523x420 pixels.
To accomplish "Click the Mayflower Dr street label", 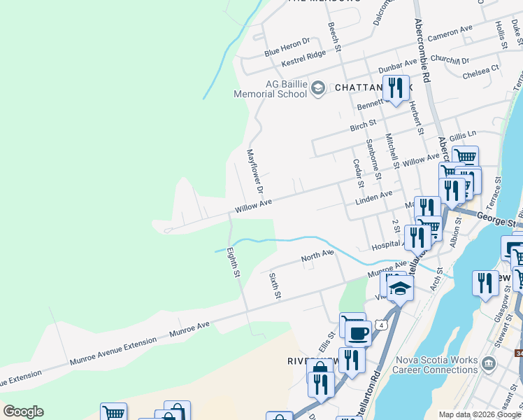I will pos(255,171).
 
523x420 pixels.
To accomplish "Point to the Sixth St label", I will pos(275,286).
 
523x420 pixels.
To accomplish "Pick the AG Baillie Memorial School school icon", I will pos(318,87).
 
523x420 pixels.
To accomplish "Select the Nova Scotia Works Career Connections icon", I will pos(488,363).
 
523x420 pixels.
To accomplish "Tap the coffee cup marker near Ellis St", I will pos(359,333).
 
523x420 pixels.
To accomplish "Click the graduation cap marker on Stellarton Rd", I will pos(400,288).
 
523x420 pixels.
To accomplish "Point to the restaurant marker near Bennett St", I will pos(396,87).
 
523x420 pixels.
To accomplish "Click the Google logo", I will pos(23,412).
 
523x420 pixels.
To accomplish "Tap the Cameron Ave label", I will pos(450,33).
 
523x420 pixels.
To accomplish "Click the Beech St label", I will pos(334,37).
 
